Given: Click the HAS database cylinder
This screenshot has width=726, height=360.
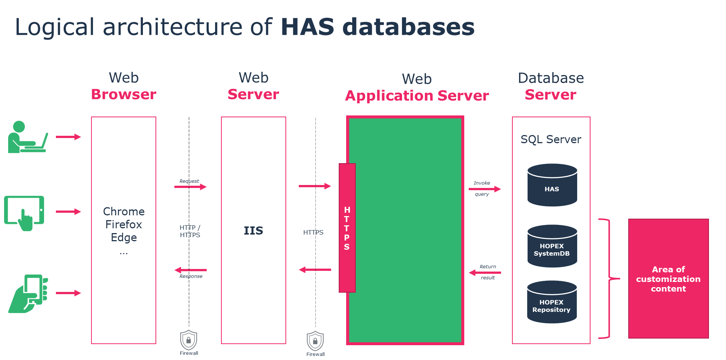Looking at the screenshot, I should click(x=552, y=185).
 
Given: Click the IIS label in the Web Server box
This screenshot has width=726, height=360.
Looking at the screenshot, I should click(x=253, y=231).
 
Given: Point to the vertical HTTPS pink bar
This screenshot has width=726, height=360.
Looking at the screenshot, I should click(x=347, y=228).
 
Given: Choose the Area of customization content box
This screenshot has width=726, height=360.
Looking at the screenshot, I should click(x=668, y=279).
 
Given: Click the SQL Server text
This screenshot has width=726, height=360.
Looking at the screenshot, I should click(x=551, y=139).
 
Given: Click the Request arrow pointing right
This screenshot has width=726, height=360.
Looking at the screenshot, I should click(x=190, y=187).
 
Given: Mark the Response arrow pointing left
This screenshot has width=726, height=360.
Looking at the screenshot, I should click(x=190, y=270).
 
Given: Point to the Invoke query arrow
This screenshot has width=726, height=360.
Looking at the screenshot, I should click(x=485, y=189).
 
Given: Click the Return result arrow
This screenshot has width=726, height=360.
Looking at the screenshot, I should click(x=485, y=273).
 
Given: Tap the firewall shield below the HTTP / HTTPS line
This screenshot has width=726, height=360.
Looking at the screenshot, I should click(x=188, y=340).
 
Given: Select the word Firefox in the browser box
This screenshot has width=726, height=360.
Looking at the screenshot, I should click(x=124, y=225).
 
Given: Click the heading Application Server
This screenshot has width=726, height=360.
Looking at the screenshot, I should click(x=417, y=96).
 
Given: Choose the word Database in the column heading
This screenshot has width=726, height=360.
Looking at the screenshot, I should click(x=551, y=78).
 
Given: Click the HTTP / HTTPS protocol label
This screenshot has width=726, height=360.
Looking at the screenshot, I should click(x=190, y=231).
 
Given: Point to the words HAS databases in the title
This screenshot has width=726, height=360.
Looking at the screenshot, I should click(x=377, y=27).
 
